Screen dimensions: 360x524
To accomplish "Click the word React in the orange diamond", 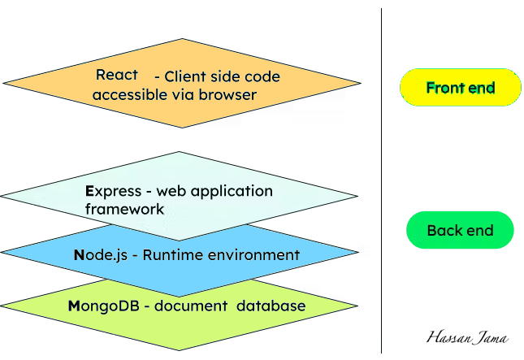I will (x=116, y=75).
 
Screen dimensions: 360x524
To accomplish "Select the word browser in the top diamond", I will (x=227, y=95).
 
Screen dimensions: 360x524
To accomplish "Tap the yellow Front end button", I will (x=460, y=88).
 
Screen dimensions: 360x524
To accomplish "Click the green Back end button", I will (x=460, y=230).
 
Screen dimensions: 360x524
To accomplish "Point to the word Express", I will (x=113, y=192).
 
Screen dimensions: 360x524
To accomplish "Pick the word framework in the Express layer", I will (x=124, y=209).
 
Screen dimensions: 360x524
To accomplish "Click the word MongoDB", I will (x=102, y=306).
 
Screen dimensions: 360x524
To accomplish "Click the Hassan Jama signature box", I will (x=466, y=337).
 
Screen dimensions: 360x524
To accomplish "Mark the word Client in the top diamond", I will (x=186, y=77).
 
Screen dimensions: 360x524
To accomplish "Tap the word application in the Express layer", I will (x=225, y=192).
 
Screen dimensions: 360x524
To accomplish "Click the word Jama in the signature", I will (x=487, y=337).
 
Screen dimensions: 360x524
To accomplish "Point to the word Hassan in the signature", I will (x=448, y=337).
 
